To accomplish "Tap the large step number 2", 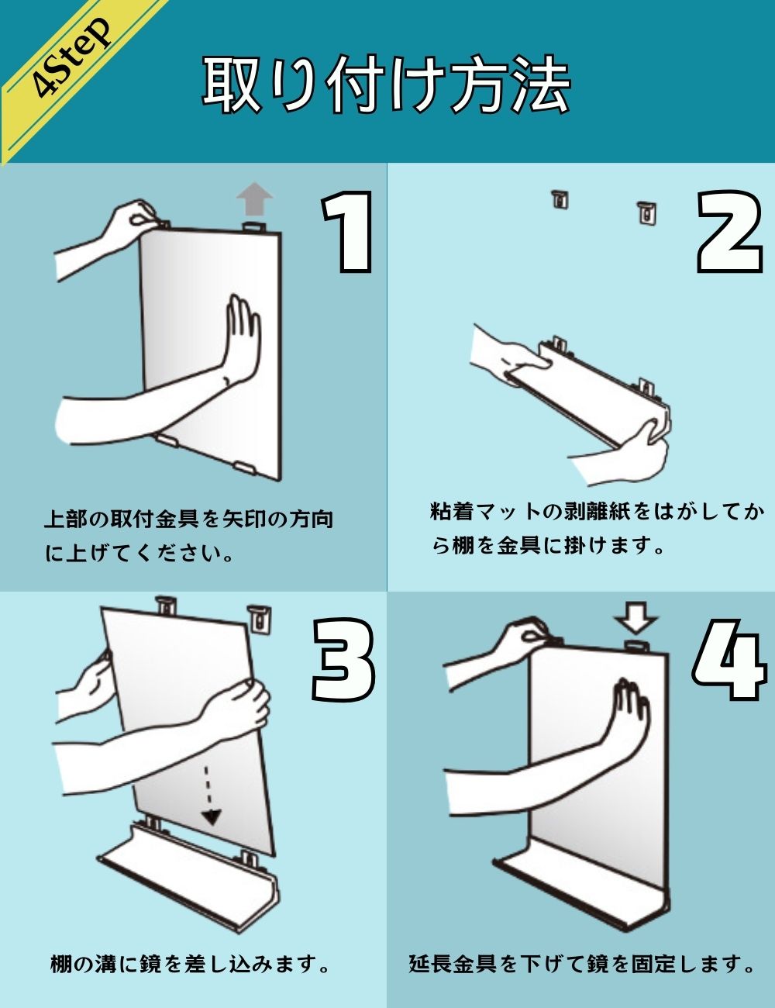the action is click(729, 232).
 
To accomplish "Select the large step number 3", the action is click(344, 659).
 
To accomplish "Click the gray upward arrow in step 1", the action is click(254, 199).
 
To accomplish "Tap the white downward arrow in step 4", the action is click(636, 618).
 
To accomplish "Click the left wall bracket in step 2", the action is click(560, 199).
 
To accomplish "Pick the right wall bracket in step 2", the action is click(646, 213).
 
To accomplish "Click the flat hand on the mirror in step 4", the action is click(632, 715).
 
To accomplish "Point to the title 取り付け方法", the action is click(386, 84).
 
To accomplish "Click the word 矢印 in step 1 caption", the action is click(245, 520).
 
